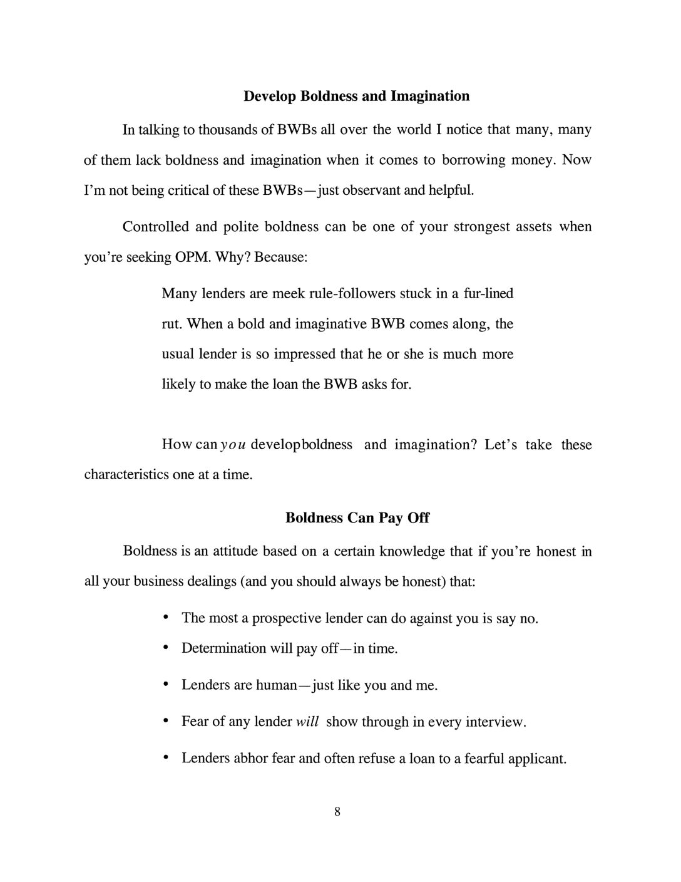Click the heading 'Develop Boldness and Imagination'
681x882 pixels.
(356, 96)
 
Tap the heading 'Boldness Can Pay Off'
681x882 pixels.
(357, 517)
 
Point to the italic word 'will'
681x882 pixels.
(307, 722)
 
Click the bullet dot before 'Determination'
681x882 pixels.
(165, 648)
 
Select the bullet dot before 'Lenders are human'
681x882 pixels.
(165, 685)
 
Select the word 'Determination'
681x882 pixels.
(223, 648)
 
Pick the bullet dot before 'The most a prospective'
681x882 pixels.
(165, 618)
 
